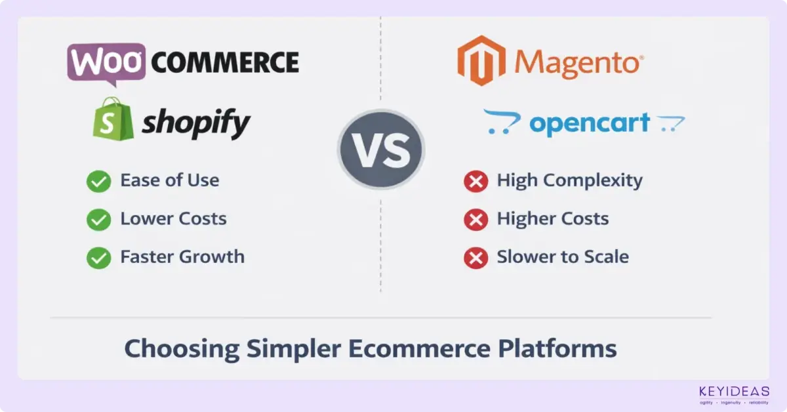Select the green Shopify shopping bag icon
point(113,119)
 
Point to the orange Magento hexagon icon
point(481,61)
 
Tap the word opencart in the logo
point(589,123)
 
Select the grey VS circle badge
point(381,149)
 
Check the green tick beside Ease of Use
point(98,182)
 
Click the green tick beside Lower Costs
point(98,220)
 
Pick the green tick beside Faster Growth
point(98,257)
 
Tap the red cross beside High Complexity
point(475,182)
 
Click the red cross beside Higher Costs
point(475,220)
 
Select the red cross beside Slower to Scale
point(475,257)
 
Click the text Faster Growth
point(182,257)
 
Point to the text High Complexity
point(569,181)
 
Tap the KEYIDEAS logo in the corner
point(734,394)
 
